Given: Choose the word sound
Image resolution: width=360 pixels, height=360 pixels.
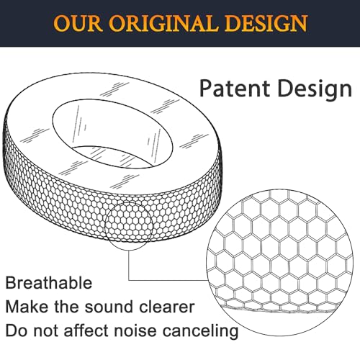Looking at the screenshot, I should point(107,307).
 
